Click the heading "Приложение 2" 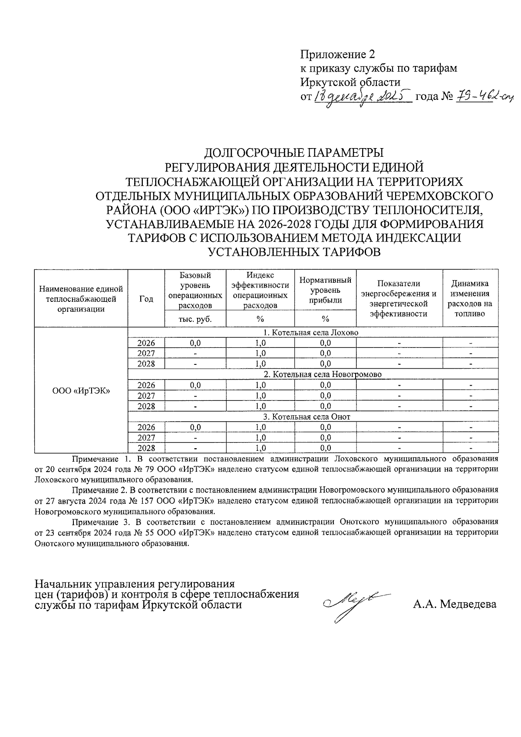click(x=337, y=55)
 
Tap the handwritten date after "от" click(x=363, y=97)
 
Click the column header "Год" click(x=146, y=299)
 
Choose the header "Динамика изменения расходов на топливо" click(x=470, y=299)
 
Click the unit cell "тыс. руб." click(x=195, y=319)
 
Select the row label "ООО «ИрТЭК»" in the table click(x=81, y=390)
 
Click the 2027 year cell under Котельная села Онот click(x=146, y=438)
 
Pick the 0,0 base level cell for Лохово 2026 click(x=195, y=343)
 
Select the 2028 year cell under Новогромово click(x=146, y=406)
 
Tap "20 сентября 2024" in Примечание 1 click(x=77, y=469)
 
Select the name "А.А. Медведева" click(x=455, y=604)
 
